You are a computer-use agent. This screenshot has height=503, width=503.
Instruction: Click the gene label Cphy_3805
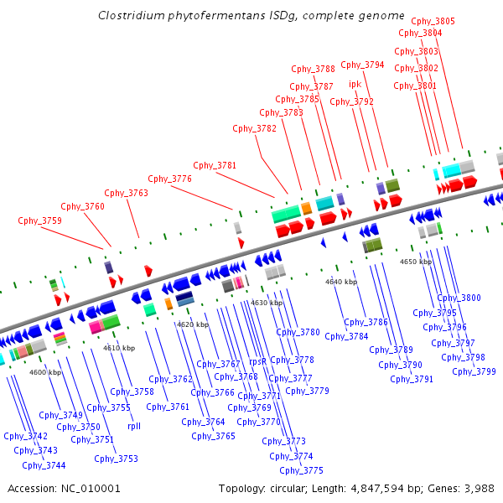click(433, 21)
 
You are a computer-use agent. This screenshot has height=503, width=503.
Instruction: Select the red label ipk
click(355, 84)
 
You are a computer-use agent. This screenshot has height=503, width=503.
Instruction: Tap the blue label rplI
click(134, 426)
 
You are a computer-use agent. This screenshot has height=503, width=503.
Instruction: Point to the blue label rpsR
click(257, 361)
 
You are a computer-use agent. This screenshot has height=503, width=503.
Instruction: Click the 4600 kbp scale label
click(45, 372)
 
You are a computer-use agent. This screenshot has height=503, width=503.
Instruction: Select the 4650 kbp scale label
click(416, 262)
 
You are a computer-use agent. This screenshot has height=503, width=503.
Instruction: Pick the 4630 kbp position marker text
click(267, 303)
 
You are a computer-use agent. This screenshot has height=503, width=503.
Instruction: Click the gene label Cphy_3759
click(39, 220)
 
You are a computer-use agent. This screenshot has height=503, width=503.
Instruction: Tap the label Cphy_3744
click(44, 465)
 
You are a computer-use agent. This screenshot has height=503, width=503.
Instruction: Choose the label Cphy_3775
click(301, 470)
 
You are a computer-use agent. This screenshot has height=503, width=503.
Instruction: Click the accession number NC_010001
click(91, 489)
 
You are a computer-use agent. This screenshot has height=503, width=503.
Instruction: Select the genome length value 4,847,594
click(377, 489)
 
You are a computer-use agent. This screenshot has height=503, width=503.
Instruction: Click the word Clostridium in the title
click(132, 15)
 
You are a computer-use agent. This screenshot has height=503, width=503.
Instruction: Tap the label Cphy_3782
click(254, 128)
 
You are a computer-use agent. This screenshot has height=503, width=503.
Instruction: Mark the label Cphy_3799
click(474, 371)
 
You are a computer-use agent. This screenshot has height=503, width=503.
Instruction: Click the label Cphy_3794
click(362, 65)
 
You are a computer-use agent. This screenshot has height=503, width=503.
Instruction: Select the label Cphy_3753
click(117, 459)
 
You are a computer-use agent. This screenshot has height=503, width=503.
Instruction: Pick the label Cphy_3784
click(346, 336)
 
